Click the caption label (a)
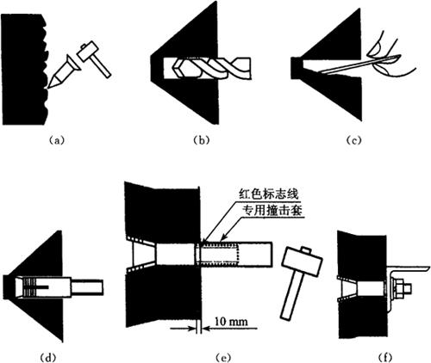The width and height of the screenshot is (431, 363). (56, 140)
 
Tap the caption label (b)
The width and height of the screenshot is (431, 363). (201, 140)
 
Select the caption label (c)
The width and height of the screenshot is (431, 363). (353, 140)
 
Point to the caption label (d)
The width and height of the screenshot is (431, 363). (47, 358)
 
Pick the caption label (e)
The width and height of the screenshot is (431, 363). (222, 358)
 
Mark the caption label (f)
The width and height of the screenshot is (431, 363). (385, 358)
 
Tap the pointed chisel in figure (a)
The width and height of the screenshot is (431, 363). (63, 71)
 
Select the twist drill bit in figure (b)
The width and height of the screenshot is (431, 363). (213, 68)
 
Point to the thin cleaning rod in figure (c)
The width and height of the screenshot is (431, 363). (359, 65)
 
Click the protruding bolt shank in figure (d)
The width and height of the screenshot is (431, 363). (87, 287)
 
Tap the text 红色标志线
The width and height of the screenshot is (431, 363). (269, 195)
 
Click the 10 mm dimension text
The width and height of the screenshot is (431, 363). (231, 321)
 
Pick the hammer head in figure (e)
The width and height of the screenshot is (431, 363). (302, 261)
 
